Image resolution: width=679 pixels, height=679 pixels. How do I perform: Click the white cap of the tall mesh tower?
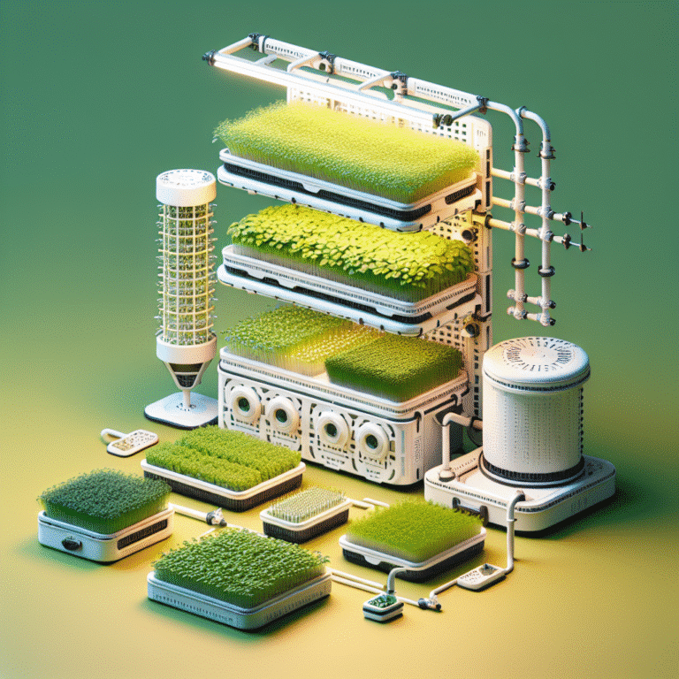186,186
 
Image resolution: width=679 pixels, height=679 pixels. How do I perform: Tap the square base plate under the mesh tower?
182,409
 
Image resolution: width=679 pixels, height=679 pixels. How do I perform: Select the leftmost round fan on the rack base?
244,406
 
